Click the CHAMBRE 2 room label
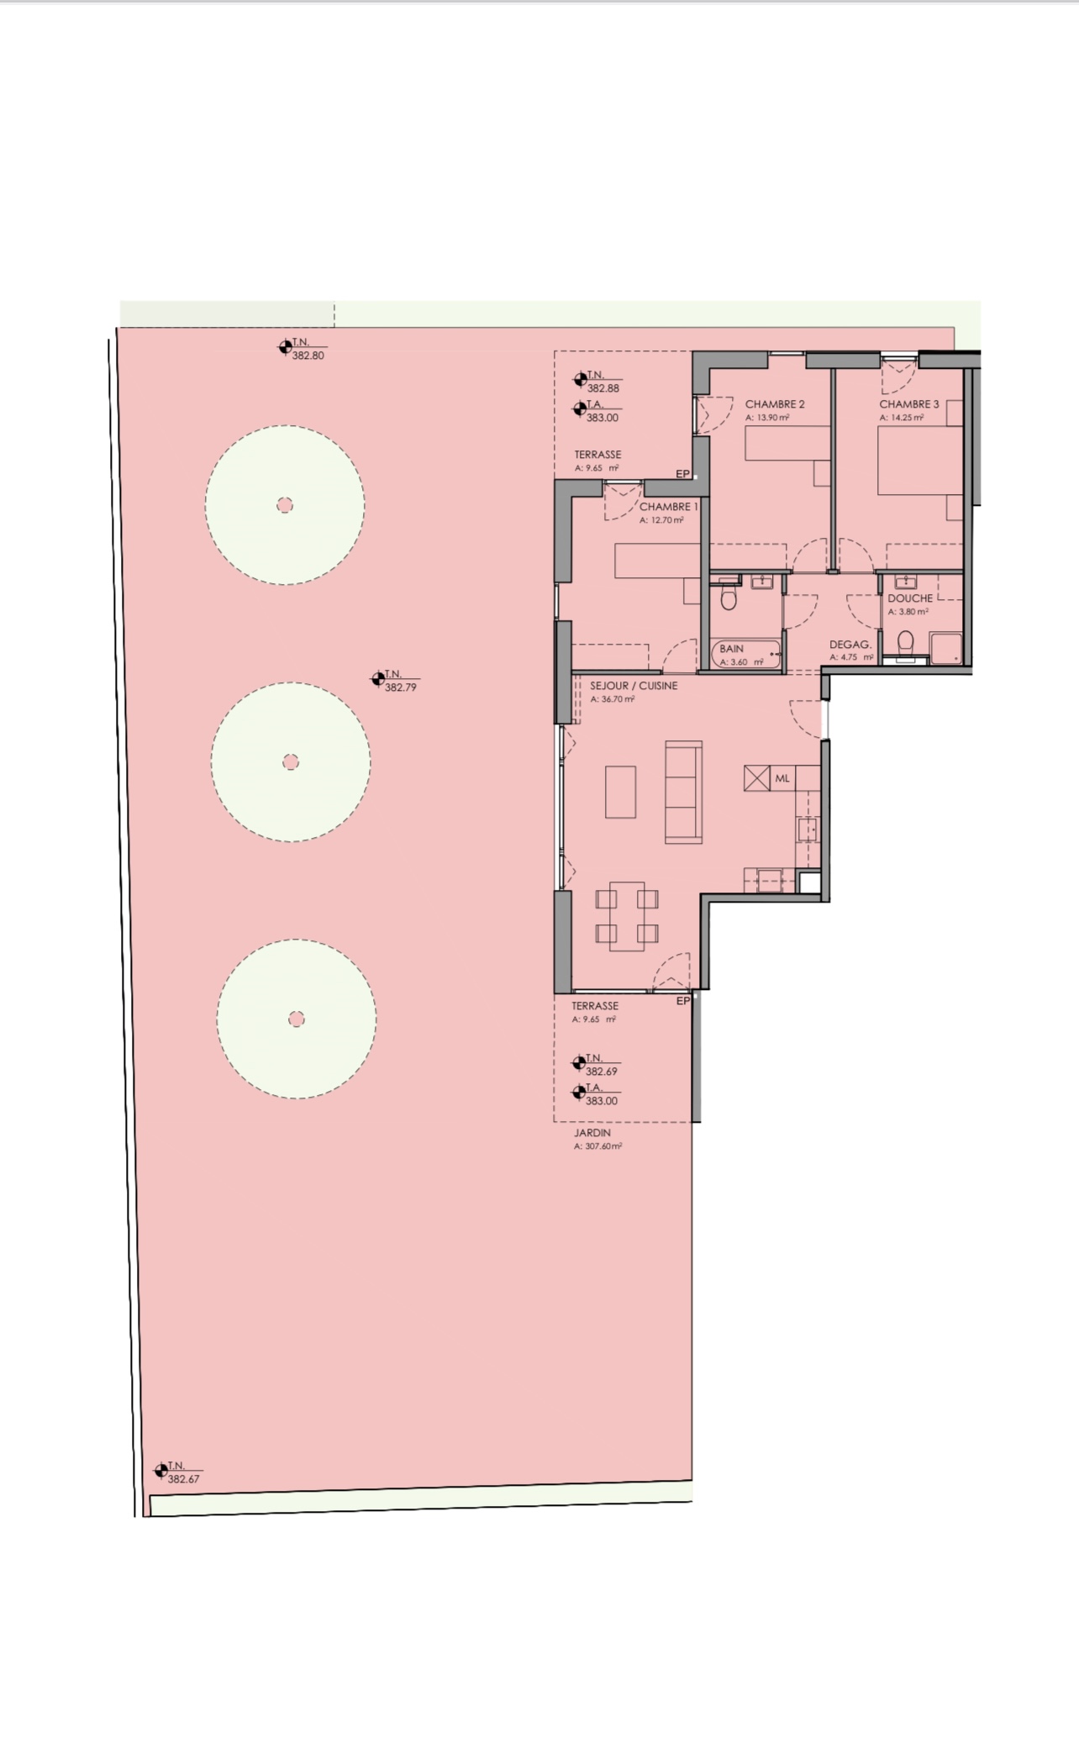tap(775, 404)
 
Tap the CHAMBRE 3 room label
tap(909, 404)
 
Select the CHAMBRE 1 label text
tap(669, 507)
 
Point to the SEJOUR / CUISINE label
tap(634, 686)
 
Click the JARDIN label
tap(592, 1133)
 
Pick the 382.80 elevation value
tap(308, 355)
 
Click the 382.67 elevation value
tap(183, 1478)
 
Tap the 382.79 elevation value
tap(400, 687)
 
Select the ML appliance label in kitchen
tap(782, 778)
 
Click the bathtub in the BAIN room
tap(747, 654)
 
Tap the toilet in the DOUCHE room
tap(905, 644)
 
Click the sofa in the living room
tap(683, 792)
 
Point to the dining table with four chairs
tap(627, 916)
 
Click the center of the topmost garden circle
tap(285, 505)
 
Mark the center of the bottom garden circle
tap(296, 1019)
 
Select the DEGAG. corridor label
tap(850, 645)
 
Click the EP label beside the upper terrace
tap(682, 474)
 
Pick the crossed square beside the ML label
tap(756, 778)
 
